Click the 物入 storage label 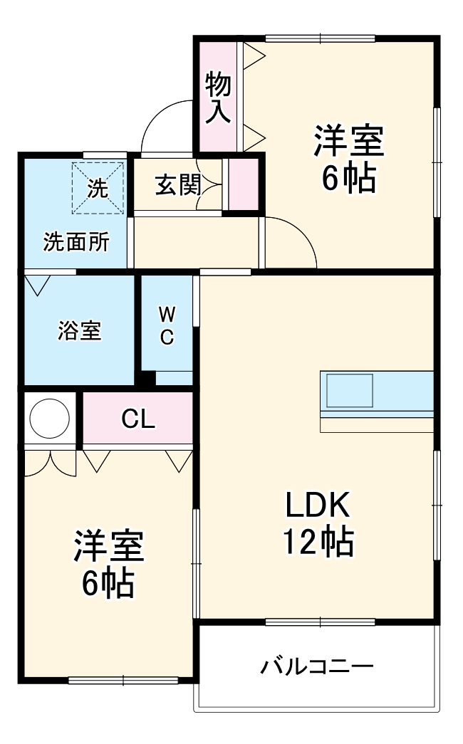[219, 98]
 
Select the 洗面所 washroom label [76, 242]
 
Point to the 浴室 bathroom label [79, 330]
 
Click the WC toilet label [167, 325]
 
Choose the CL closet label [138, 419]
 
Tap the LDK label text [318, 506]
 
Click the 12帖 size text [318, 543]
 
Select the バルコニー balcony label [317, 667]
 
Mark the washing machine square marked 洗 [98, 187]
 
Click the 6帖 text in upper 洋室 [348, 179]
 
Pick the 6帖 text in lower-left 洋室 [108, 584]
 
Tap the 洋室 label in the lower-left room [108, 547]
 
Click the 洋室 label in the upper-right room [349, 141]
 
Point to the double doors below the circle [50, 463]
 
